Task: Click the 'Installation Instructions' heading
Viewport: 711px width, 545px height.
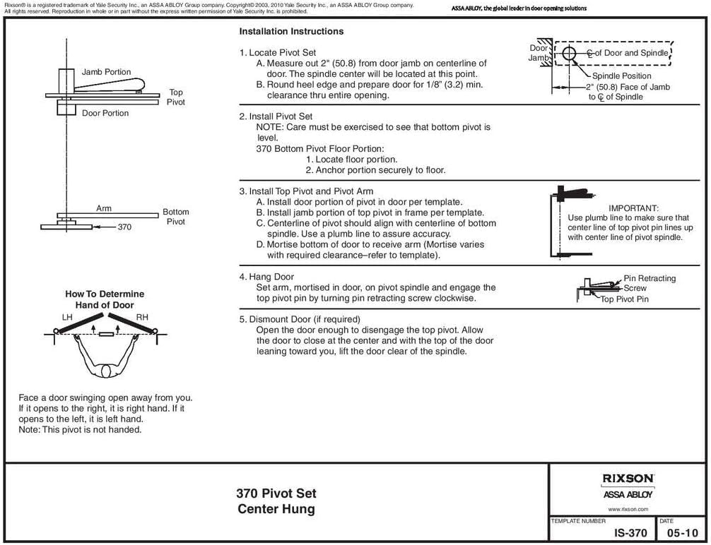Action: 291,32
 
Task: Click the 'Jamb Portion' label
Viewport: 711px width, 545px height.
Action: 106,72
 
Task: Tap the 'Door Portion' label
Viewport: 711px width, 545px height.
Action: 105,113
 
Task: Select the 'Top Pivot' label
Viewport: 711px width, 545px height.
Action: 176,97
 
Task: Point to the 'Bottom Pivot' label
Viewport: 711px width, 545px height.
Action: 176,217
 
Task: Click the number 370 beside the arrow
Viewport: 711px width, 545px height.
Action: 124,227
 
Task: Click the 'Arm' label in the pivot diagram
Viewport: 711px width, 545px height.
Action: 104,208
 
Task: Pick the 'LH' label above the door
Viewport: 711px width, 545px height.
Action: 67,318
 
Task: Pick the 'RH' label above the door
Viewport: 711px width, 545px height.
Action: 142,318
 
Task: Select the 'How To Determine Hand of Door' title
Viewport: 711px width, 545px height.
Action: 105,299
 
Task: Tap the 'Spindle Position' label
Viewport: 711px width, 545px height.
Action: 621,76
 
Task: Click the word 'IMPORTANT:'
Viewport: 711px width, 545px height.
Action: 633,209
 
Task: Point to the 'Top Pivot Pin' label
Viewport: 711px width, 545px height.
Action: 624,299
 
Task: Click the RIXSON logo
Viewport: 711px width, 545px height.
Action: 628,478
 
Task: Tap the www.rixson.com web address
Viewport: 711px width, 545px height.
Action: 628,508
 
